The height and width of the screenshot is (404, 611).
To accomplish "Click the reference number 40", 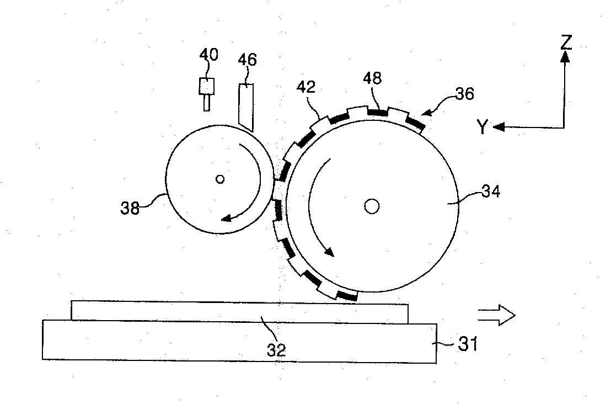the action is point(209,55).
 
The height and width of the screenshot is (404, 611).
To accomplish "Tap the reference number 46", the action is point(248,60).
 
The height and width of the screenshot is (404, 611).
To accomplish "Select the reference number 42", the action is point(306,87).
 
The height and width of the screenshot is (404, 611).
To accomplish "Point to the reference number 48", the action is point(373,78).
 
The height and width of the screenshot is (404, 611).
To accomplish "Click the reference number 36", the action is point(465,94).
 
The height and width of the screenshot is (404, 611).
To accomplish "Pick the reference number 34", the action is point(491,192).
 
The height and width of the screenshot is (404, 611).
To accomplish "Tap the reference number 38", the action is point(130,208).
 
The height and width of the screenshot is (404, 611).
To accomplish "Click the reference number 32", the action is point(277,350).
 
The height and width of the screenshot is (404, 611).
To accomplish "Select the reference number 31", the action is point(468,344).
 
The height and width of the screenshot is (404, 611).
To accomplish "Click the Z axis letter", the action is point(566,42).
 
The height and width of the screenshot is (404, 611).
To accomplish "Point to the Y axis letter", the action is point(483,127).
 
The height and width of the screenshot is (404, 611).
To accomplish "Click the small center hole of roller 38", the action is point(220,179).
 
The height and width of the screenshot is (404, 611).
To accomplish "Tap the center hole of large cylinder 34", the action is point(372,206).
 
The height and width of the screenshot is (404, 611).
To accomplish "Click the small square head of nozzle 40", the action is point(207,86).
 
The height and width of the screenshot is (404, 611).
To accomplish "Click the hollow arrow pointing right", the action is point(496,315).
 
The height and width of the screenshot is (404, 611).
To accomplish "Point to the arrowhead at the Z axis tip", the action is point(565,57).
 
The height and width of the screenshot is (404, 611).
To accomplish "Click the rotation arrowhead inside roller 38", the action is point(228,217).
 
